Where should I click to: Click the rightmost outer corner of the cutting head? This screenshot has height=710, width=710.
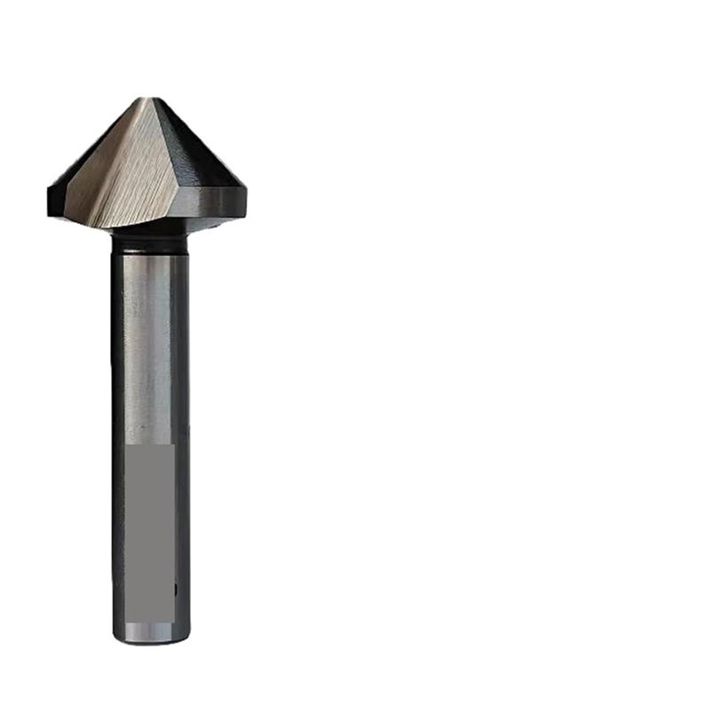(246, 188)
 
